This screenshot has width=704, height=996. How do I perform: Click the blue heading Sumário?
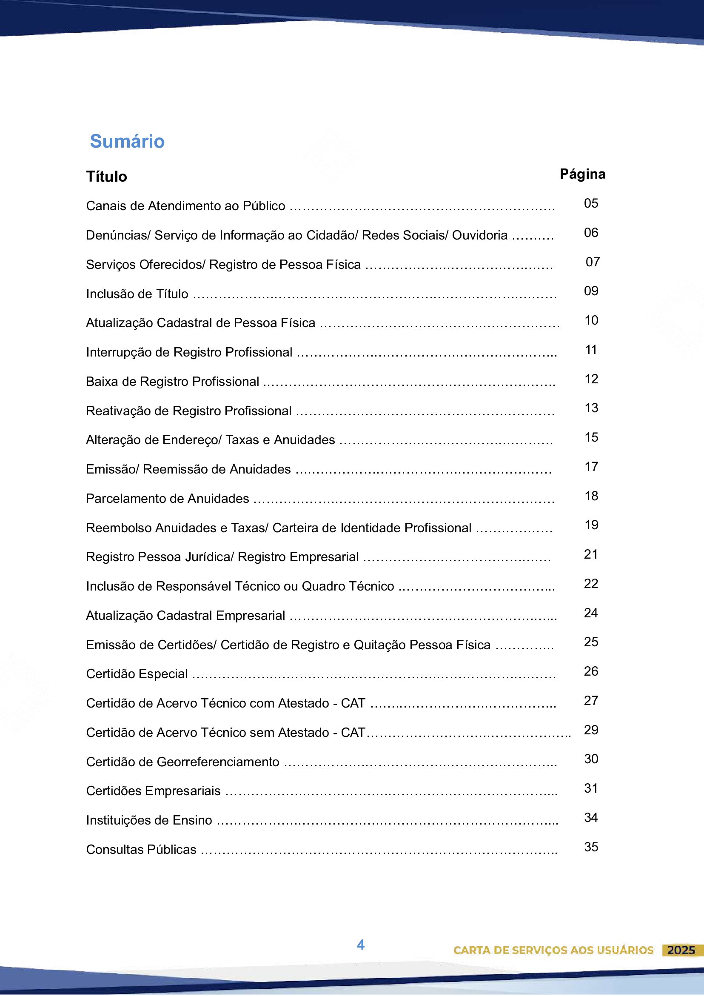(127, 141)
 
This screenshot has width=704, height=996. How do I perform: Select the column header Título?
(106, 177)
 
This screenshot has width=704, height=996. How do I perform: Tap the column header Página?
(582, 174)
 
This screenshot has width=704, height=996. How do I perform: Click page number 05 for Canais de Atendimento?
(591, 203)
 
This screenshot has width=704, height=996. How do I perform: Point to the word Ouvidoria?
(479, 235)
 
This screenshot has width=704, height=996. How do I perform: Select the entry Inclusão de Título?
(137, 294)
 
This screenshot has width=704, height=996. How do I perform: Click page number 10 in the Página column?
(591, 320)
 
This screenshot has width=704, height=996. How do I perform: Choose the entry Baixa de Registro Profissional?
(172, 381)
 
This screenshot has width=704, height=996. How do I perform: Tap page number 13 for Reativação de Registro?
(591, 408)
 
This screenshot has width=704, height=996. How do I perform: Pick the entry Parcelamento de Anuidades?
(168, 499)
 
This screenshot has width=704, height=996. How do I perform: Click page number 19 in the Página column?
(591, 525)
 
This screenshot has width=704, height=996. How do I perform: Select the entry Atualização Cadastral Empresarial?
(185, 616)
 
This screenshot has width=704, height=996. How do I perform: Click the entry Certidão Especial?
(137, 674)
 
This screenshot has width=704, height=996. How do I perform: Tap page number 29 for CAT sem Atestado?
(591, 730)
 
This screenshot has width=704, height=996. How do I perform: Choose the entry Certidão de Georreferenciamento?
(182, 762)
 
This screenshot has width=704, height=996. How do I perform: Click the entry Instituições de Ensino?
(149, 820)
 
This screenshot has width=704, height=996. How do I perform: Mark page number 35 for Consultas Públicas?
(591, 847)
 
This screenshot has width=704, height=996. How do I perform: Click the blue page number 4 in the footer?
(360, 945)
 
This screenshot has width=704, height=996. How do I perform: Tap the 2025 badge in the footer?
(681, 950)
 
